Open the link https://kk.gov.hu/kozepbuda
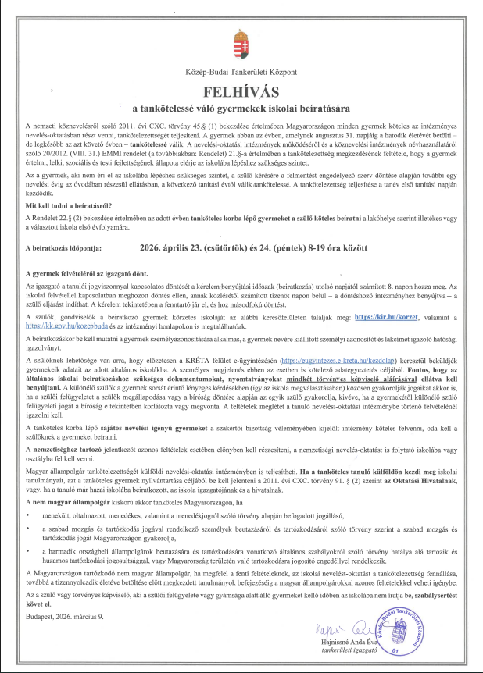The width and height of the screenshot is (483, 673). [60, 348]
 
